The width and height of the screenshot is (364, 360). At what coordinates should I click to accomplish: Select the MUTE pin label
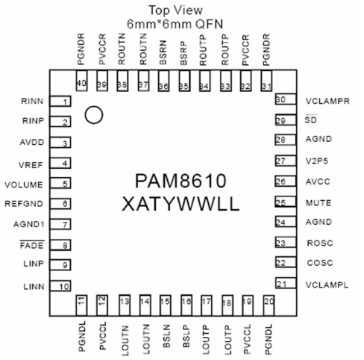tap(319, 202)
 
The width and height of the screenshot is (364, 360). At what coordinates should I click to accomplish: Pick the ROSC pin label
tap(319, 243)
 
